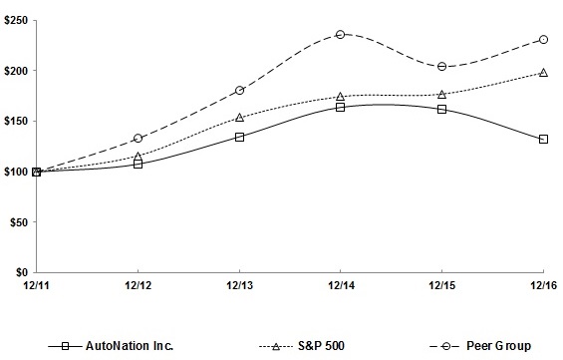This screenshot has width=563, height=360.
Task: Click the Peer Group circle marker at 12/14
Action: [x=341, y=34]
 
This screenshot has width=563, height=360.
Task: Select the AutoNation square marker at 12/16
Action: [x=543, y=139]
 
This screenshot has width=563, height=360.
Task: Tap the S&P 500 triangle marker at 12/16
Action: [x=543, y=72]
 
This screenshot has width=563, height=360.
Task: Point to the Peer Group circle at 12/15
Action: [x=441, y=67]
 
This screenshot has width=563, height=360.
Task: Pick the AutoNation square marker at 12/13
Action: [x=239, y=137]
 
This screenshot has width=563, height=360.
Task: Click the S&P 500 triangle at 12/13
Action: [x=239, y=117]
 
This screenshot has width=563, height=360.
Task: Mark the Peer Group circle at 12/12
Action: [x=138, y=138]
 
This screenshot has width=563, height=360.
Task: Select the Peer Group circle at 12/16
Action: [x=543, y=39]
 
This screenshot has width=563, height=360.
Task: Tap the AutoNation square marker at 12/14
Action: [x=341, y=107]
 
